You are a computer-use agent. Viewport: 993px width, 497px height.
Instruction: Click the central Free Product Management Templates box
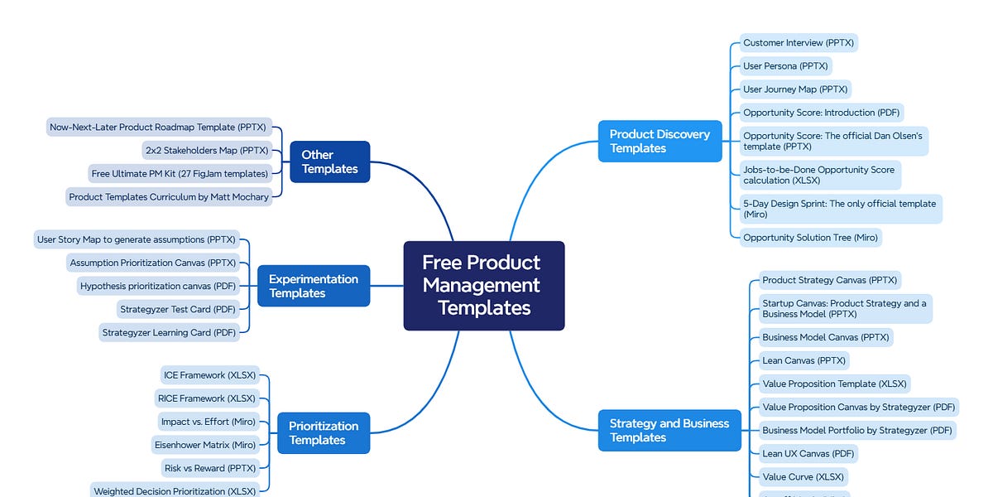coord(483,286)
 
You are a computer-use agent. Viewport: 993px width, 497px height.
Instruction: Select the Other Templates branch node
coord(329,162)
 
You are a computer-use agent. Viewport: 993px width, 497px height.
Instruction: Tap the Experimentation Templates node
coord(313,286)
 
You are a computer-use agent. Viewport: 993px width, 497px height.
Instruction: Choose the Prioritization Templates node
coord(323,433)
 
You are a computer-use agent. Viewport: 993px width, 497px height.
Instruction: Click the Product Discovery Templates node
coord(660,141)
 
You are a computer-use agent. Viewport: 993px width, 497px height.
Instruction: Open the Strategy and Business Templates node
coord(669,430)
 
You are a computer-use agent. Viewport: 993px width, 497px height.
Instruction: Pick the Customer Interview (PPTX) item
coord(799,43)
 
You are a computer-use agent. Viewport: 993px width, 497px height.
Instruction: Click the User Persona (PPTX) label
coord(784,66)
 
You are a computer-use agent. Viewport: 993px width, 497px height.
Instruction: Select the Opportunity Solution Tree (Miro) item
coord(810,238)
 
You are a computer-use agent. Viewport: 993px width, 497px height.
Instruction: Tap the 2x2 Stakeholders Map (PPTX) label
coord(206,151)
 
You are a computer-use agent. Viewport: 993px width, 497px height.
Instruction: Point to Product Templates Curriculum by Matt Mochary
coord(169,197)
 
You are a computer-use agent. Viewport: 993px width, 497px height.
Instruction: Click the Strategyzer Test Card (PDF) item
coord(176,309)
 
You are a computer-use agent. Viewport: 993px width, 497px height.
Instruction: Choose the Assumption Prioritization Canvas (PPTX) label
coord(152,263)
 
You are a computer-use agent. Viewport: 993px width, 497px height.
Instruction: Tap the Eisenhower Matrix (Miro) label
coord(204,445)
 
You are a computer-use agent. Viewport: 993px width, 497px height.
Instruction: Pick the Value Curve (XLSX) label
coord(804,476)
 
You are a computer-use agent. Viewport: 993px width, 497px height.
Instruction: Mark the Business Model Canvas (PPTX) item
coord(826,337)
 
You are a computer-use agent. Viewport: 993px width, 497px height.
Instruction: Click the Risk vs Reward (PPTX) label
coord(199,468)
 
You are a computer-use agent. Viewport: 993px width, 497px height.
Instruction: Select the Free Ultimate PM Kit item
coord(180,174)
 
